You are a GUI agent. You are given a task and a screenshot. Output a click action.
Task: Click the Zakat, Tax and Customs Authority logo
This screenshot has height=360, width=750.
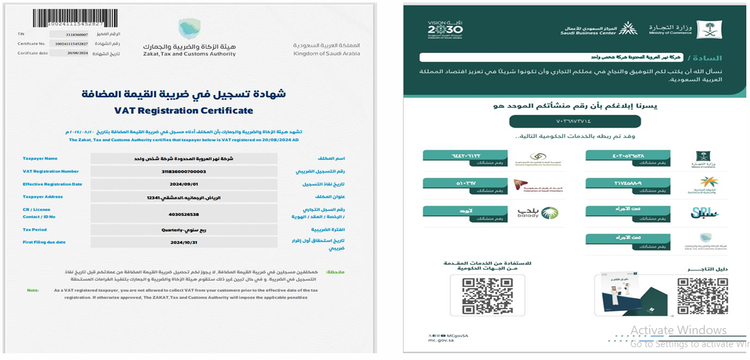pos(189,29)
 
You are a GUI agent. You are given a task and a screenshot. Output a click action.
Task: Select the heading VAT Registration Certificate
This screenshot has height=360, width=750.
pos(184,111)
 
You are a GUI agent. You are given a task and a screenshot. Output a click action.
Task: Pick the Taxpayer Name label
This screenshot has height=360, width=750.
pos(40,158)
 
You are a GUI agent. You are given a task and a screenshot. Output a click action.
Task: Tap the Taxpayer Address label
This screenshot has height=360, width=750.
pos(42,197)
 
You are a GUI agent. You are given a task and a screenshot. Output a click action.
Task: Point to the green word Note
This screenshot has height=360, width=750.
pos(33,290)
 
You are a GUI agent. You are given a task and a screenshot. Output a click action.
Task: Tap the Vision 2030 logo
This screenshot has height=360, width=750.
pos(445,29)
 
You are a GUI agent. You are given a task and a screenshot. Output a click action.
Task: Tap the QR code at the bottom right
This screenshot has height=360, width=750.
pos(702,296)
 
